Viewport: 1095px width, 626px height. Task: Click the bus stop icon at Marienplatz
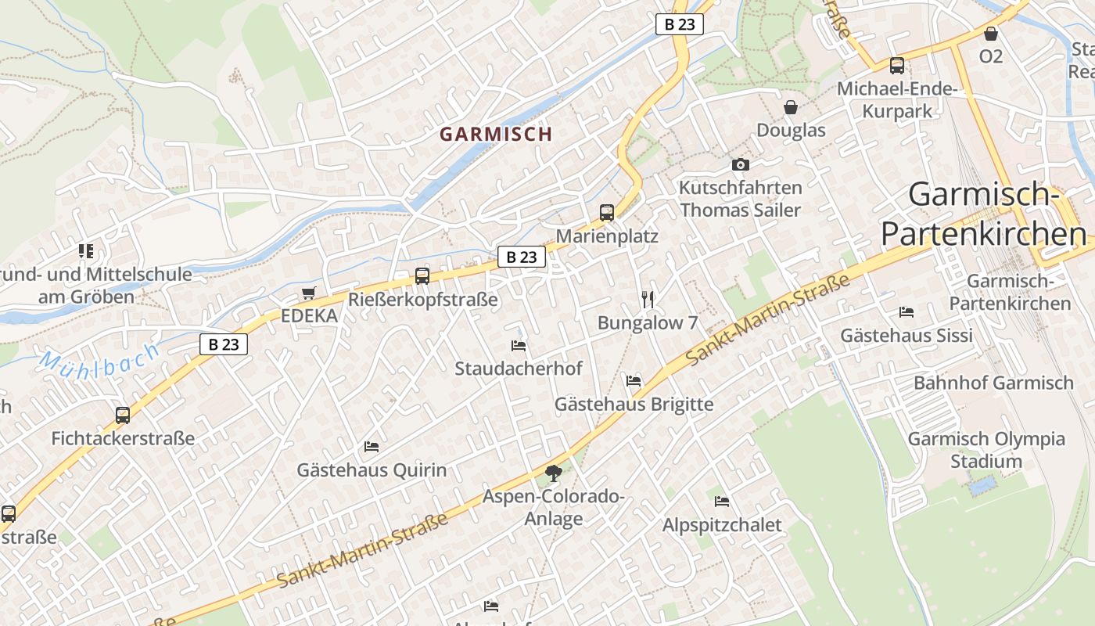coord(606,212)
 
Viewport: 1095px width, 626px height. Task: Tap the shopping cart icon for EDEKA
coord(309,293)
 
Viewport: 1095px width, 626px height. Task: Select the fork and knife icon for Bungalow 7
coord(647,299)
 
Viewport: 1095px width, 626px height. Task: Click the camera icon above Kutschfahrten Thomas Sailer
coord(740,164)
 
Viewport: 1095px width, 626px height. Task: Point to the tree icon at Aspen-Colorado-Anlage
coord(553,473)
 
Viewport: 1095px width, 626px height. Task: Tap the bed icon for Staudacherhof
coord(518,345)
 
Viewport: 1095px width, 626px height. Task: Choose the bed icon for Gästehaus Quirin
coord(372,447)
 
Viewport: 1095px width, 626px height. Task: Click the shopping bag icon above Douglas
coord(791,107)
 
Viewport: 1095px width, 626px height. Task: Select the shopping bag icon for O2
coord(990,34)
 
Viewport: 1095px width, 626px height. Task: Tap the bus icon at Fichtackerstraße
coord(123,415)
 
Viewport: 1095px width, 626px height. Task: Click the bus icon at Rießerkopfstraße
coord(422,275)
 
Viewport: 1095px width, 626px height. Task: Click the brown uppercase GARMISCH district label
coord(496,134)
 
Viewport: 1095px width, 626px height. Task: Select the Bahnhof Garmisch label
coord(993,383)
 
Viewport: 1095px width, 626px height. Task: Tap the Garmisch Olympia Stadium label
coord(986,450)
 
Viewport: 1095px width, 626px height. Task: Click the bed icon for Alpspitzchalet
coord(721,501)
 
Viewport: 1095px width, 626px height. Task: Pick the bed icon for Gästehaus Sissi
coord(906,311)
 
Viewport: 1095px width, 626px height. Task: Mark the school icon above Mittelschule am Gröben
coord(86,251)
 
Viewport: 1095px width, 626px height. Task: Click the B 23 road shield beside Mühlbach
coord(224,344)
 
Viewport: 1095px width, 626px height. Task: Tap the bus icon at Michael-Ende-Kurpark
coord(896,66)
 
